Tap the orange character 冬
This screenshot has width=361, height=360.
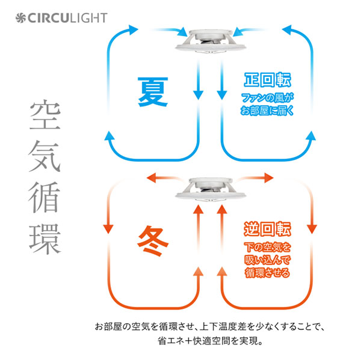[152, 240]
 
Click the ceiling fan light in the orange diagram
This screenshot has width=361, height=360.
[210, 190]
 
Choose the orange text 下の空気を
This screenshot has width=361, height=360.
[268, 247]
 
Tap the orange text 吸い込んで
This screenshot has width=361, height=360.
[268, 260]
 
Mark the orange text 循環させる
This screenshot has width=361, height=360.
[268, 273]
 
